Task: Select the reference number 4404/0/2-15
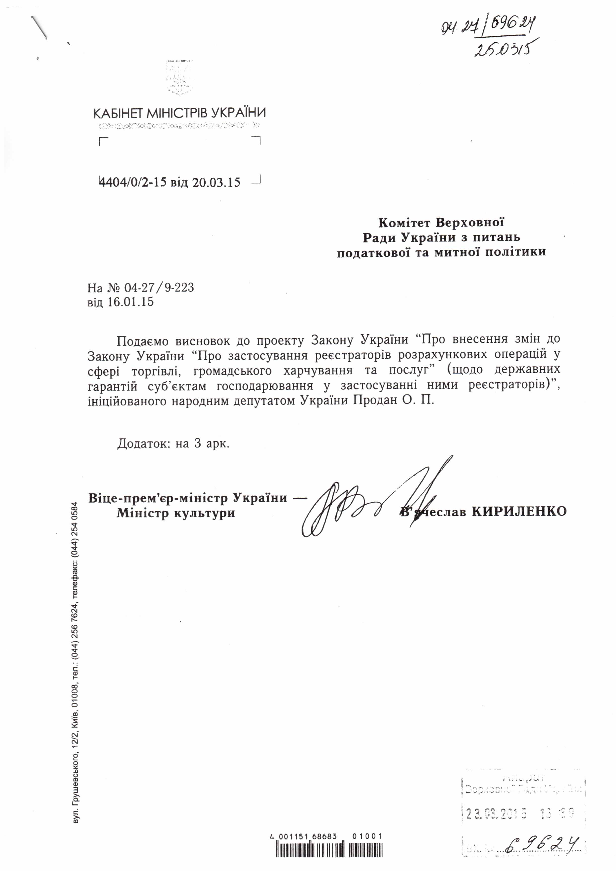[132, 182]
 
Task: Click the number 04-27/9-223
[159, 288]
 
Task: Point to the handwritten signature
[372, 501]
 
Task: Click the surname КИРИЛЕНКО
[519, 512]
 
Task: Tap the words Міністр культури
[176, 513]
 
